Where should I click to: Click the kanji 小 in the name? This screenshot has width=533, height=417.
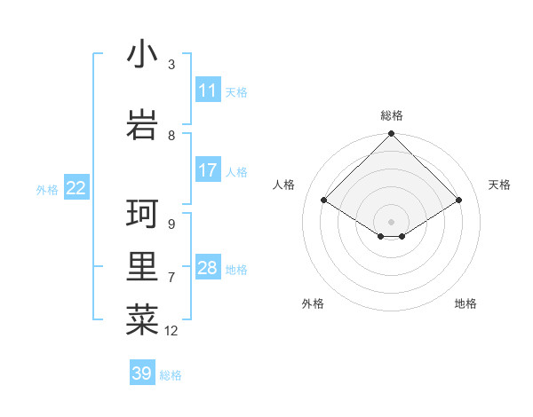(142, 55)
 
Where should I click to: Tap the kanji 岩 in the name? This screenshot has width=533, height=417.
(142, 125)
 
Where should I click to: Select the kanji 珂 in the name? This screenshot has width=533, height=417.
(142, 216)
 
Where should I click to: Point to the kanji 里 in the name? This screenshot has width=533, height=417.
(142, 269)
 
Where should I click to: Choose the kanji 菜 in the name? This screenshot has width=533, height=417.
(142, 320)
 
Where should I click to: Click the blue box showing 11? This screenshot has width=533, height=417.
(208, 90)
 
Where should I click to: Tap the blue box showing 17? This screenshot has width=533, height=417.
(208, 170)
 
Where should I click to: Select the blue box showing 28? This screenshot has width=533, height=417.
(208, 268)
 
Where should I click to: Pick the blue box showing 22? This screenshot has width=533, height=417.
(76, 188)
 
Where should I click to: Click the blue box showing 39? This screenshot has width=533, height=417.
(142, 374)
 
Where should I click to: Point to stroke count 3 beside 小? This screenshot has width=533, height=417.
(171, 65)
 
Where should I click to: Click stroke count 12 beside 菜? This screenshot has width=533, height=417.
(171, 331)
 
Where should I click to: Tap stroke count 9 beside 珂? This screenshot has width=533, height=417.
(171, 224)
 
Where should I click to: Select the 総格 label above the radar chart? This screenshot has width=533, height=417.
(392, 115)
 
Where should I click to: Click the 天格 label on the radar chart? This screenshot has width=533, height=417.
(500, 185)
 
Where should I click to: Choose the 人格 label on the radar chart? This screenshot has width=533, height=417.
(284, 185)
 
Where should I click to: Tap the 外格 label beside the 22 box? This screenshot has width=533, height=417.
(47, 189)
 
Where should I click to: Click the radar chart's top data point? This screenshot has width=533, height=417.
(391, 134)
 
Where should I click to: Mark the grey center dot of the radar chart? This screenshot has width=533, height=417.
(391, 220)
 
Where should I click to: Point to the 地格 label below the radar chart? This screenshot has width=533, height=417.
(465, 303)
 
